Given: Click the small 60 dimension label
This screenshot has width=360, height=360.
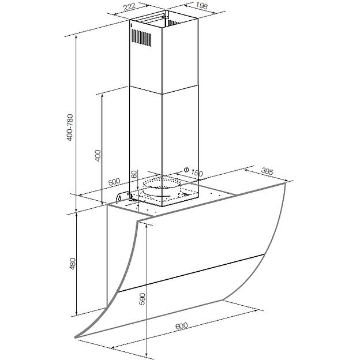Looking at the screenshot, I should (134, 175).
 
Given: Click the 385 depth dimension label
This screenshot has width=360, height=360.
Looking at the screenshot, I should (267, 171).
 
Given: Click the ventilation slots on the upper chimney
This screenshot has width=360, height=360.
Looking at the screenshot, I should (142, 39).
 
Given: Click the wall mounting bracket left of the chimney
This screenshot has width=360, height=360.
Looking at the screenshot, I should (122, 198).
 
